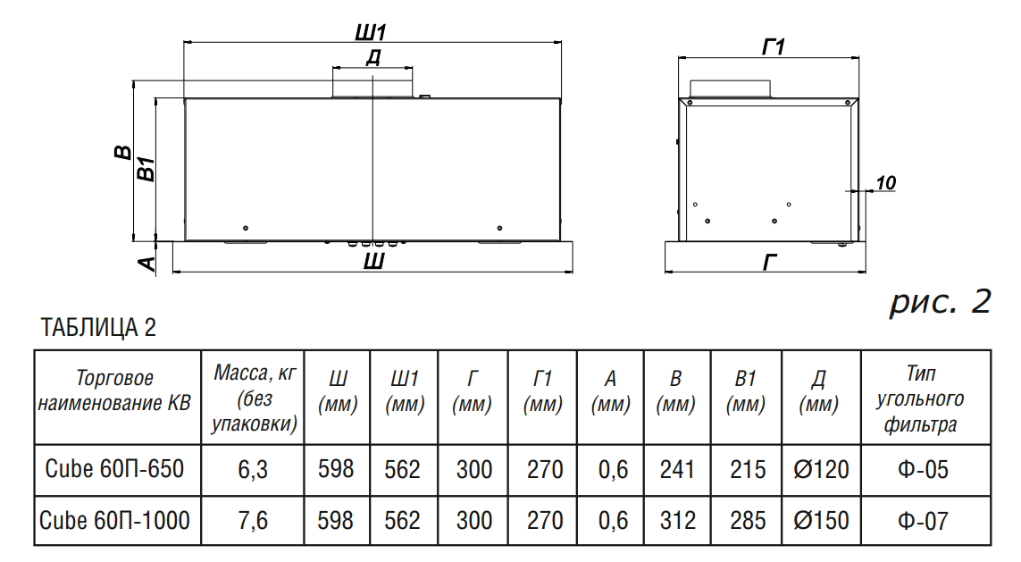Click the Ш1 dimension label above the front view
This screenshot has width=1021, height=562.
point(371,32)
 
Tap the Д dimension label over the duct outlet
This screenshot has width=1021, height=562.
point(373,58)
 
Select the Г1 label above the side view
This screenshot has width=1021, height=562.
point(773,46)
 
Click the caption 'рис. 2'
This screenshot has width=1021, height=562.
point(940,302)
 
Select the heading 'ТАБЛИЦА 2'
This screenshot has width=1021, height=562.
point(98,328)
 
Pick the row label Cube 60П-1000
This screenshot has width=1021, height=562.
point(115,520)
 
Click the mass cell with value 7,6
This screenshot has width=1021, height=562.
point(253,520)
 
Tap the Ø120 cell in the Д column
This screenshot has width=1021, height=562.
point(821,468)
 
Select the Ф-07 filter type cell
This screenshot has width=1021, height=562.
point(924,520)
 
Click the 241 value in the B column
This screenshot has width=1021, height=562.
point(675,468)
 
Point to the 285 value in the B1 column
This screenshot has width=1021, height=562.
point(746,520)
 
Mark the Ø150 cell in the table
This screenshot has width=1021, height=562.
point(821,520)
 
